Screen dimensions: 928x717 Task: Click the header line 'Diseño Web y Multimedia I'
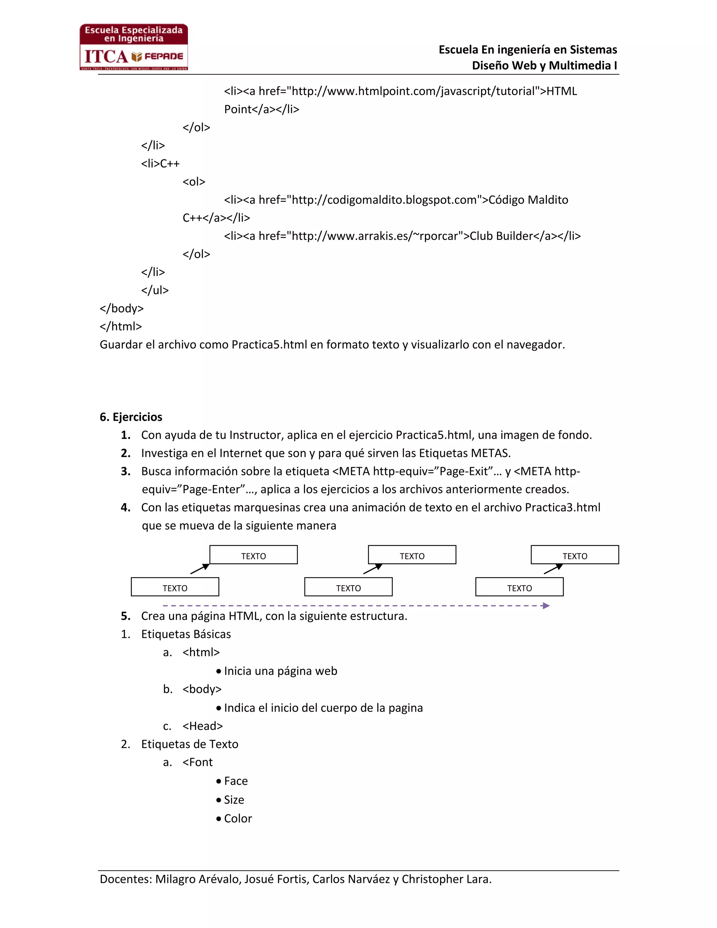[544, 65]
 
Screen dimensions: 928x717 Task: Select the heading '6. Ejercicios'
[131, 417]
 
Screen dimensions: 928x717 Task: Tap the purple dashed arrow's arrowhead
[546, 605]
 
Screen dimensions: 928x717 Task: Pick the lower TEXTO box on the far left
[175, 587]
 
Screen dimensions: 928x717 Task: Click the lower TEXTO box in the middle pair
[348, 587]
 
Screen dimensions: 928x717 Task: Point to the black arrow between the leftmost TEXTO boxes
[200, 569]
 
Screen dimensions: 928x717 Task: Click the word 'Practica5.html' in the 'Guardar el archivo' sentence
[269, 345]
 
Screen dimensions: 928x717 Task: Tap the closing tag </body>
[121, 309]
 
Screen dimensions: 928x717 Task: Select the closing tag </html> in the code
[121, 326]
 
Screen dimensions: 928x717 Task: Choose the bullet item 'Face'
[236, 781]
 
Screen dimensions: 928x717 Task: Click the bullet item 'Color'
[238, 818]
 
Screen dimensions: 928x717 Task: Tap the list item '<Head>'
[202, 726]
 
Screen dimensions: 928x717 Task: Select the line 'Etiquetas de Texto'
[189, 744]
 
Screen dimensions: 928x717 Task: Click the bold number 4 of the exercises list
[125, 507]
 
